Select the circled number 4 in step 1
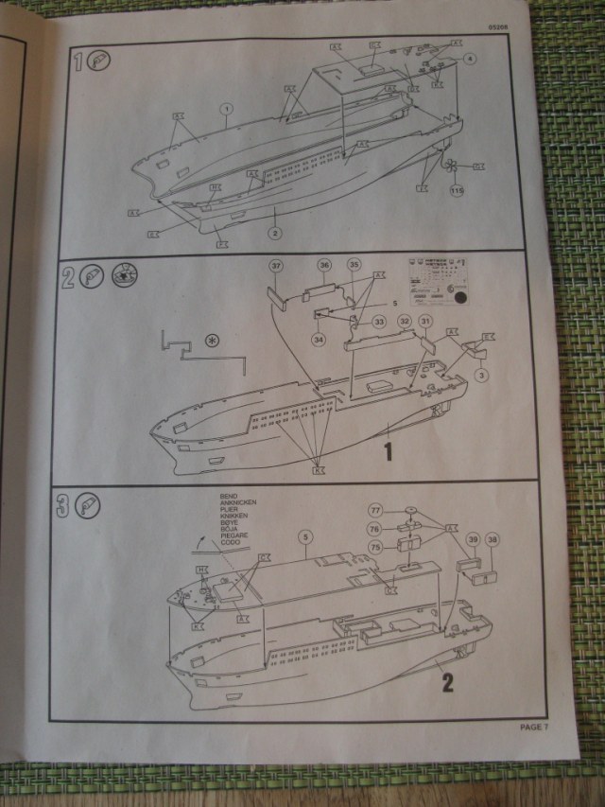(470, 59)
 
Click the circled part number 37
(276, 267)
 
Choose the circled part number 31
(425, 323)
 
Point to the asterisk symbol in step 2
(213, 339)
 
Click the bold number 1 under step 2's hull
(388, 452)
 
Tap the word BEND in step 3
(227, 494)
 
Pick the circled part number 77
(376, 511)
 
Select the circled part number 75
(375, 547)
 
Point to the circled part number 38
(493, 539)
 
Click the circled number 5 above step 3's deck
(304, 536)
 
